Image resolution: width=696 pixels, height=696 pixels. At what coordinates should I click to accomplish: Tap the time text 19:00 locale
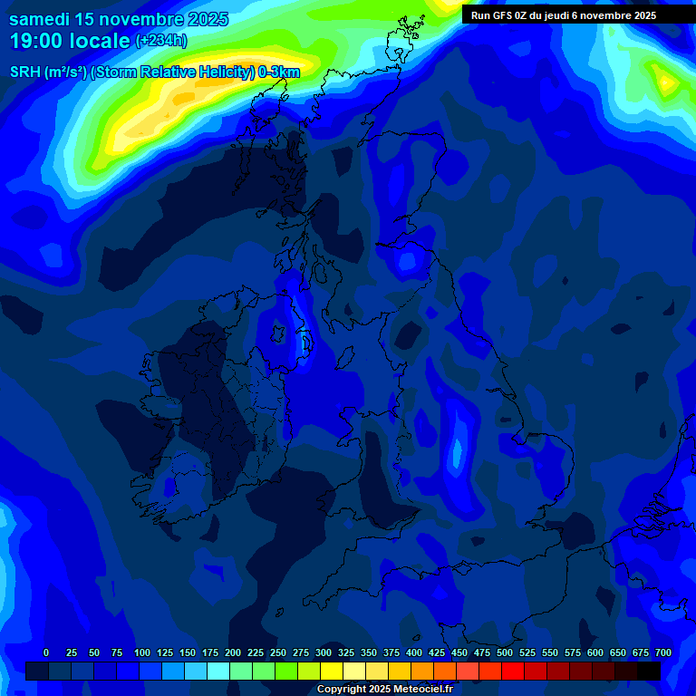point(70,41)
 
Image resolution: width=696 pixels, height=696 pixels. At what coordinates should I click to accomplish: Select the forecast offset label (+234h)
point(161,41)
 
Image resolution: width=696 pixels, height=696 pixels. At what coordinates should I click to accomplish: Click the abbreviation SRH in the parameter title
point(25,72)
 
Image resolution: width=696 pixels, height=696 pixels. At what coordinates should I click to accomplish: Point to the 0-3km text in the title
point(278,72)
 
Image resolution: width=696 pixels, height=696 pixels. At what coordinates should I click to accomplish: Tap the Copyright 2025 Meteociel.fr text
point(384,689)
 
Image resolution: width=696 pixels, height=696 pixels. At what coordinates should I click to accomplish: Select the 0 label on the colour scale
point(46,652)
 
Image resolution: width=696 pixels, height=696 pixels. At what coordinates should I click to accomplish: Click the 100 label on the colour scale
point(142,652)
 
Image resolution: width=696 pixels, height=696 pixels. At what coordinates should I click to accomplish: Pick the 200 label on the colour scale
point(233,652)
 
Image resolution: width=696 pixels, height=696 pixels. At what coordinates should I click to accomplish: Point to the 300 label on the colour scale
point(324,652)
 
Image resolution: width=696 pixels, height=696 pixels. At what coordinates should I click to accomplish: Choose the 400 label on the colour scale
point(414,652)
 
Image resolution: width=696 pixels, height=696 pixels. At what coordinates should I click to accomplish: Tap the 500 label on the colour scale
point(505,652)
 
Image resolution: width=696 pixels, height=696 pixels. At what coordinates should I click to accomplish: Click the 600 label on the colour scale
point(595,652)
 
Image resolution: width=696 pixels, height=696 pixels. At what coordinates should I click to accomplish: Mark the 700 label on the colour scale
point(662,652)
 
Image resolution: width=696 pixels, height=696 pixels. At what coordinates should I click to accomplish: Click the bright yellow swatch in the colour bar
point(332,671)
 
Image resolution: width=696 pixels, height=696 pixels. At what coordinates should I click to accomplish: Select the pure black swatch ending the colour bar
point(649,671)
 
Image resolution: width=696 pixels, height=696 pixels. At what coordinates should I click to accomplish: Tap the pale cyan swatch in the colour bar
point(218,671)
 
